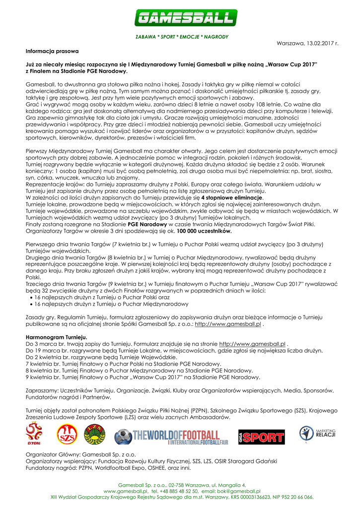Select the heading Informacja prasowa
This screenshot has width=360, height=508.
[52, 51]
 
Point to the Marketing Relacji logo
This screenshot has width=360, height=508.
[318, 434]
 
